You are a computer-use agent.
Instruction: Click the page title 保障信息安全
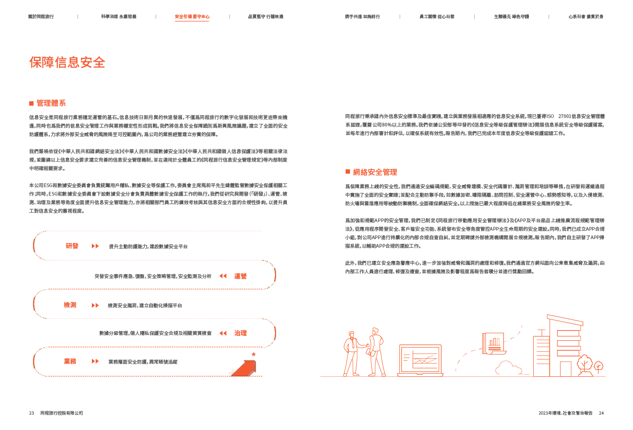pyautogui.click(x=67, y=63)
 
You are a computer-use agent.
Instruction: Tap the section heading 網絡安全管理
pyautogui.click(x=375, y=172)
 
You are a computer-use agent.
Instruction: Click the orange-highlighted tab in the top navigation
pyautogui.click(x=192, y=16)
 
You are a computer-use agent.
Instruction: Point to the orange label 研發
pyautogui.click(x=72, y=246)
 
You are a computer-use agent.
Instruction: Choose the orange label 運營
pyautogui.click(x=240, y=276)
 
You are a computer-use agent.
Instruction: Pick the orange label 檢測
pyautogui.click(x=70, y=305)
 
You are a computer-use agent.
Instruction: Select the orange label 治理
pyautogui.click(x=240, y=333)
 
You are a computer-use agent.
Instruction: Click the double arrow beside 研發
pyautogui.click(x=95, y=246)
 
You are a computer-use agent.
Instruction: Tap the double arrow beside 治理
pyautogui.click(x=223, y=333)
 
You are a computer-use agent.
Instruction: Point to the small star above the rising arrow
pyautogui.click(x=253, y=354)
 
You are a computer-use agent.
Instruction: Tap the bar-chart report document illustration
pyautogui.click(x=492, y=343)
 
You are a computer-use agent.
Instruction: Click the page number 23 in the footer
pyautogui.click(x=31, y=413)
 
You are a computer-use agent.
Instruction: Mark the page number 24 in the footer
pyautogui.click(x=601, y=413)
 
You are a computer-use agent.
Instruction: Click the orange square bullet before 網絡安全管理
pyautogui.click(x=347, y=172)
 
